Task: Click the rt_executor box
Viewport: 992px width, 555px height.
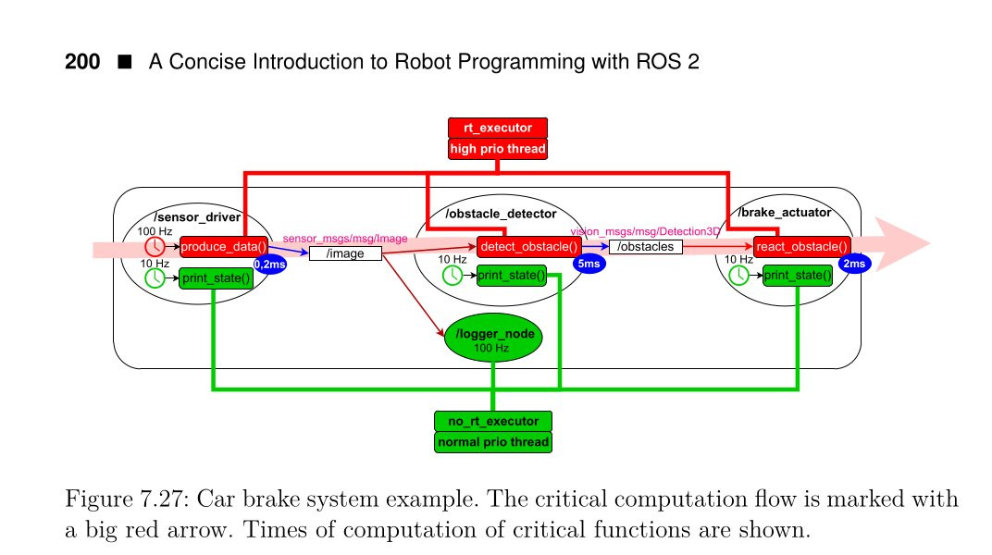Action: tap(498, 129)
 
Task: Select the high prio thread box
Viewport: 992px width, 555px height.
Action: tap(498, 148)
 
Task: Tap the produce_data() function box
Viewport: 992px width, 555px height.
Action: tap(224, 246)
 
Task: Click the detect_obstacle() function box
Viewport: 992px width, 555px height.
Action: tap(528, 246)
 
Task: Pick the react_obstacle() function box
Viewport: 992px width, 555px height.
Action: tap(801, 246)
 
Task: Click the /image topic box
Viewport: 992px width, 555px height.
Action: tap(345, 253)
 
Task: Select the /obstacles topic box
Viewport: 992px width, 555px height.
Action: tap(646, 247)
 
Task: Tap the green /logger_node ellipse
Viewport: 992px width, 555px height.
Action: tap(492, 339)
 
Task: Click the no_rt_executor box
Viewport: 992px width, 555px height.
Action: tap(492, 421)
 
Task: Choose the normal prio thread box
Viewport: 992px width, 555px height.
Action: tap(492, 442)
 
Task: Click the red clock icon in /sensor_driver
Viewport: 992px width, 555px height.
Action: tap(156, 247)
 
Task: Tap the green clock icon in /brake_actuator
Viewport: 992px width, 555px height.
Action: tap(738, 276)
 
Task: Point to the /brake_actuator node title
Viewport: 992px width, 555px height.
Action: tap(784, 213)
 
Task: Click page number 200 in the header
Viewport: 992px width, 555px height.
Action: tap(82, 63)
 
